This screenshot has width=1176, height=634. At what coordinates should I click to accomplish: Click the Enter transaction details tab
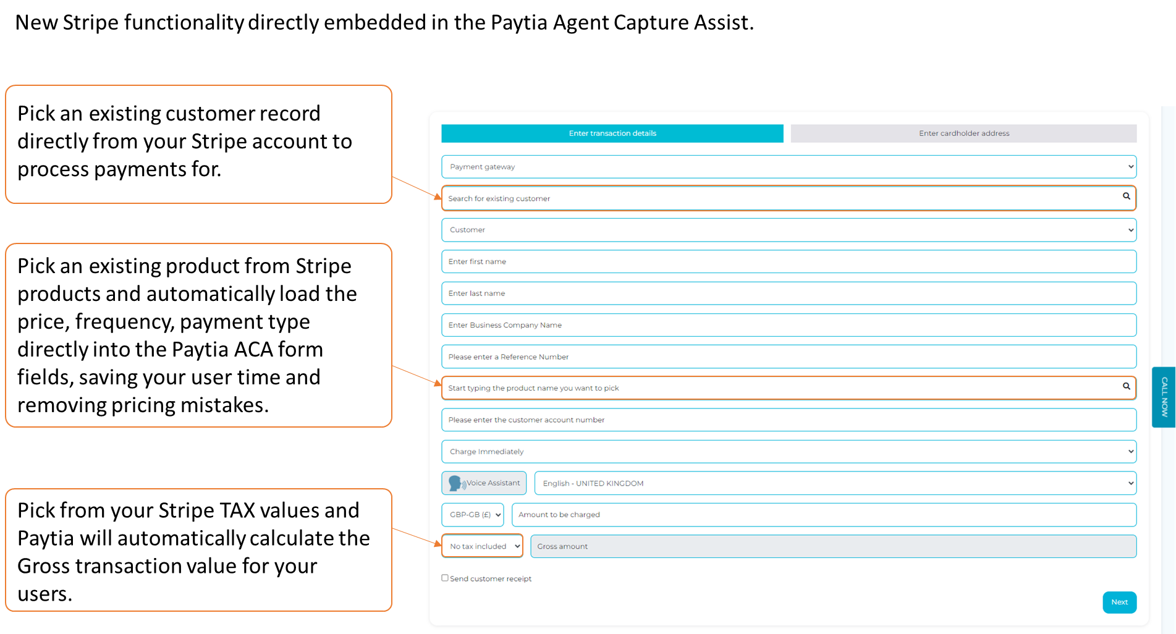[612, 133]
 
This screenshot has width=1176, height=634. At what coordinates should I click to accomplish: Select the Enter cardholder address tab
[963, 133]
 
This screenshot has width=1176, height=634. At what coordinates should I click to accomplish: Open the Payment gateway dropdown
[789, 167]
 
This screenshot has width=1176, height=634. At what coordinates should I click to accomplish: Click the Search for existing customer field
[779, 198]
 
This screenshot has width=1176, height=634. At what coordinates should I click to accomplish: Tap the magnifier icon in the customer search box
[1126, 197]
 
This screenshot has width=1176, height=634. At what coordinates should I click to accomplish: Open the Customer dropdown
[789, 230]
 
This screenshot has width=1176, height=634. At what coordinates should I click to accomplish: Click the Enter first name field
[789, 261]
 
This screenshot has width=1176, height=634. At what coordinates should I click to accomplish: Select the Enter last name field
[789, 294]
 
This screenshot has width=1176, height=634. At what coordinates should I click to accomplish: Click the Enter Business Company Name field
[789, 325]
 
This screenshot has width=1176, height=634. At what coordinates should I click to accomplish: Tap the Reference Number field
[789, 357]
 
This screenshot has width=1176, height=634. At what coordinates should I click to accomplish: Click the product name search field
[779, 388]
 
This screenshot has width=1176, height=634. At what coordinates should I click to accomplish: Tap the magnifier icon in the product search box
[1126, 386]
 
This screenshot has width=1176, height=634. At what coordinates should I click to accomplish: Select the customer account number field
[789, 420]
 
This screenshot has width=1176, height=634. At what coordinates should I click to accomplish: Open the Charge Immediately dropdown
[789, 452]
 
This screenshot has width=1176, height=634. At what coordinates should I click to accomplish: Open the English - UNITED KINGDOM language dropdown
[835, 483]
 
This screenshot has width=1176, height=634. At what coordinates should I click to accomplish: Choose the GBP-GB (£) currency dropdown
[473, 515]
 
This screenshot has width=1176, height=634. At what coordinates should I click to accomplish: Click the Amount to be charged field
[824, 515]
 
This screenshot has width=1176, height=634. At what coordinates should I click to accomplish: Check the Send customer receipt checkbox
[445, 578]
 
